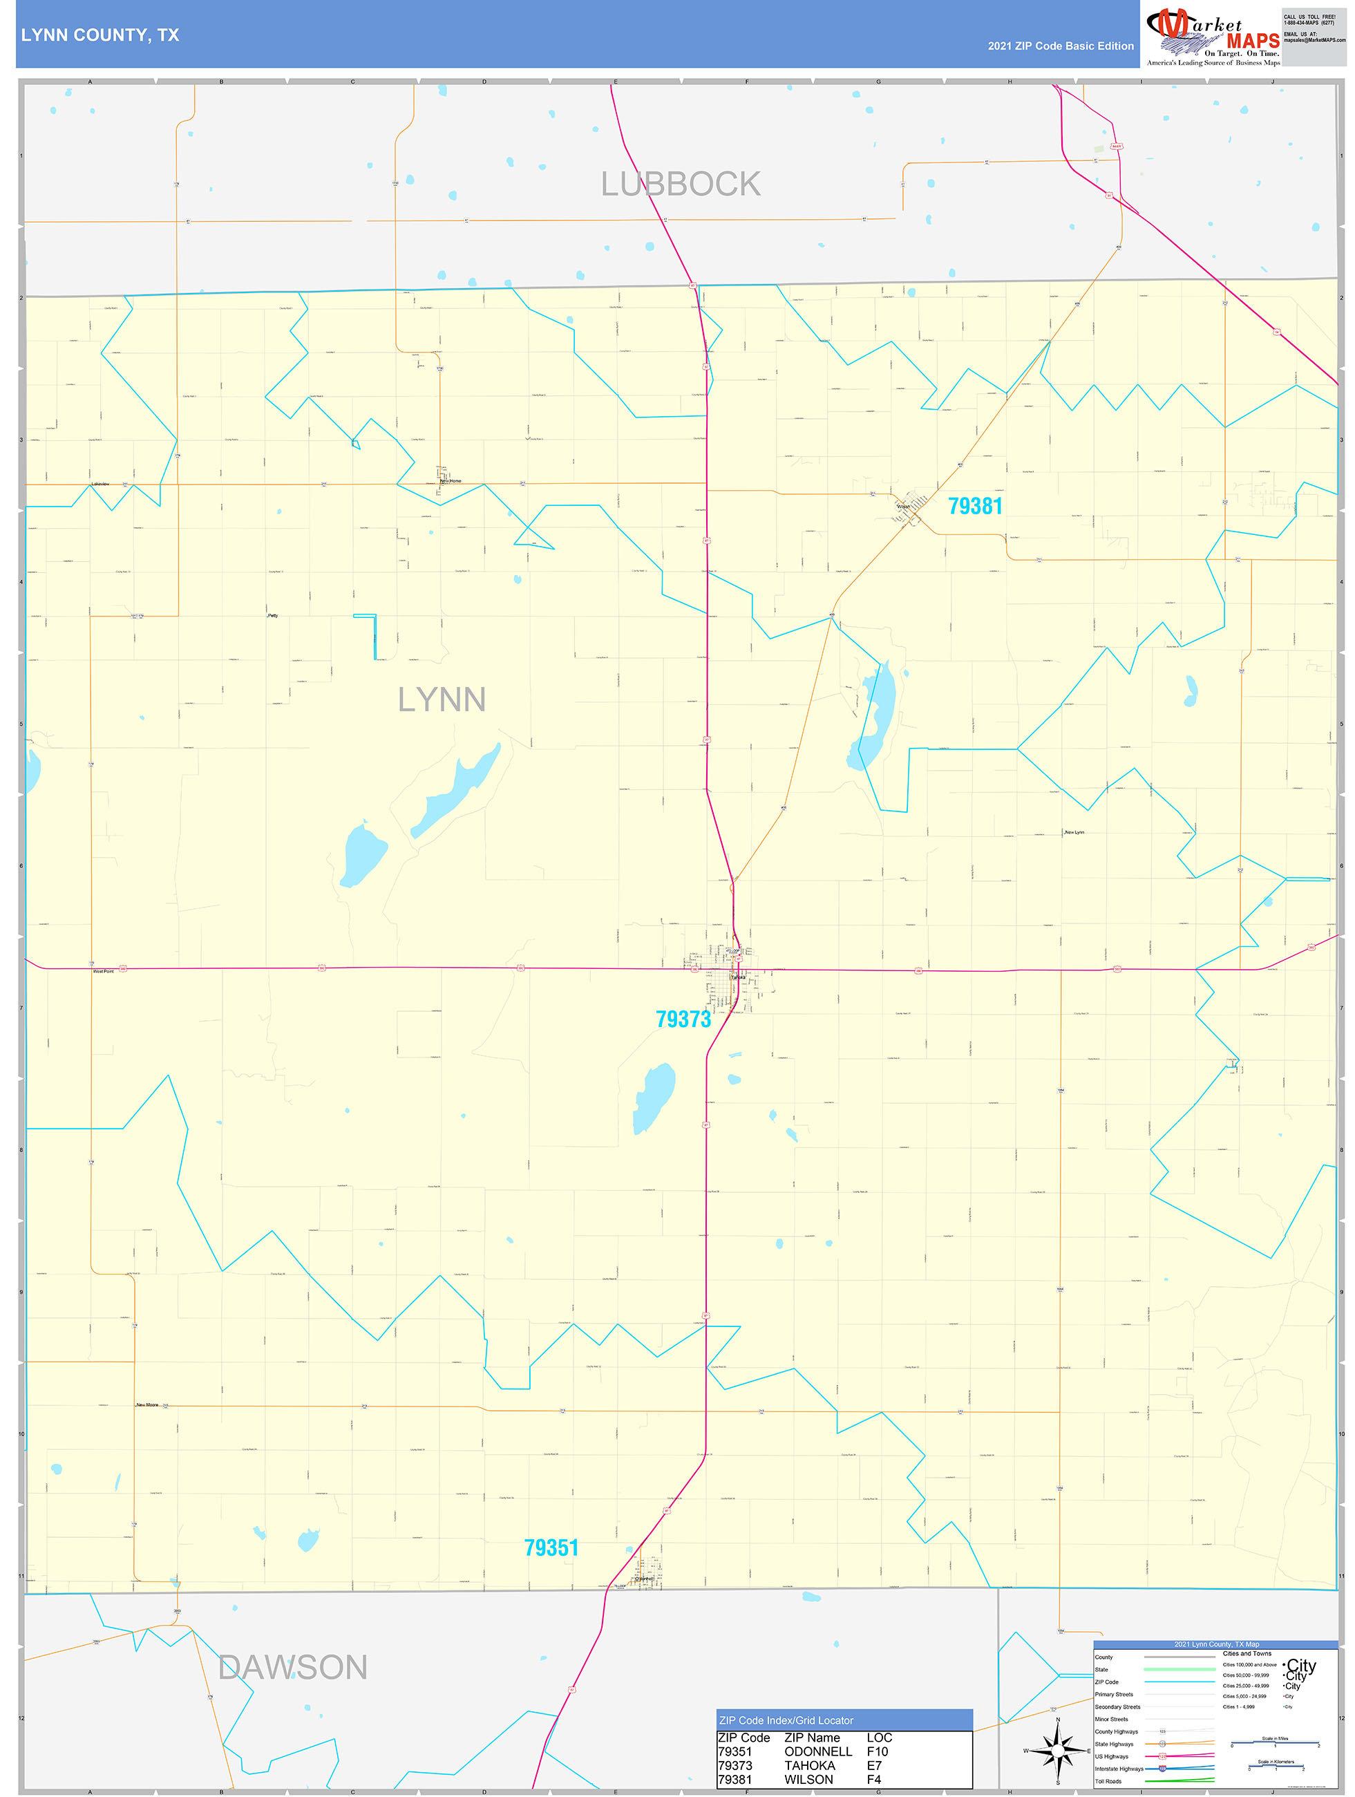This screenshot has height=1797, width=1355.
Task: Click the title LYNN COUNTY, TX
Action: [100, 35]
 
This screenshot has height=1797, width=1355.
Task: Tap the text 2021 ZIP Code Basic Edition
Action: [1060, 46]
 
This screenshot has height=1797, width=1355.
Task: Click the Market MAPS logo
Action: [1213, 36]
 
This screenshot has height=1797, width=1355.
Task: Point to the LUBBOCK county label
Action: [681, 185]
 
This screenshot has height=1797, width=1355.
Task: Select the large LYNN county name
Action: [441, 699]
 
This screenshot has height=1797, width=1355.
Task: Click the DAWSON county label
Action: [292, 1668]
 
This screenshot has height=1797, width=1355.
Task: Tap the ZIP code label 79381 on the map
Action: [975, 506]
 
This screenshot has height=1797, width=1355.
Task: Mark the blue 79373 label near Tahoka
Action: [683, 1019]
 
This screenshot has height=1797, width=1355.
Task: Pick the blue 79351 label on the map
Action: [551, 1547]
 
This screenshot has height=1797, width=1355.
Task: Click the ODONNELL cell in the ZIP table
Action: [817, 1751]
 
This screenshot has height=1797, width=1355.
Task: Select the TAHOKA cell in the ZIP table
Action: [809, 1765]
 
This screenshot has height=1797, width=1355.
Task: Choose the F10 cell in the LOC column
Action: [878, 1751]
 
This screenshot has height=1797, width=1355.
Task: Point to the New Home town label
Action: [450, 481]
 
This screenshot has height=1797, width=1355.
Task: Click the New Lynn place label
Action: [1074, 832]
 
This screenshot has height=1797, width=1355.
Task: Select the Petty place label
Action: [273, 616]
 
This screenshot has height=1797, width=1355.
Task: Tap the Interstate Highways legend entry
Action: [1119, 1769]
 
